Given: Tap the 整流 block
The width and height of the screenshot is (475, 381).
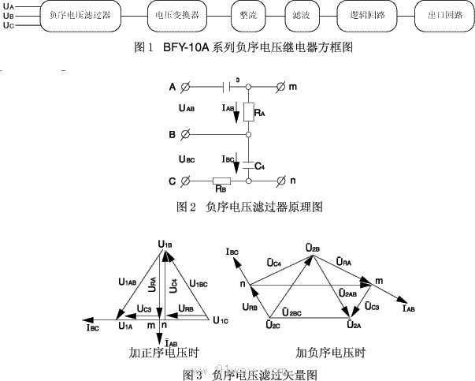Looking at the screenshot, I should pyautogui.click(x=250, y=16).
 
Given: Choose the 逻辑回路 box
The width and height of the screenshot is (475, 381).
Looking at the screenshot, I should pyautogui.click(x=364, y=16).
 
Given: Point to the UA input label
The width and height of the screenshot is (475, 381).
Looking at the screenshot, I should pyautogui.click(x=9, y=6).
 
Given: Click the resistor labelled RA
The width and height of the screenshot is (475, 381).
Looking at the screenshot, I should pyautogui.click(x=248, y=113).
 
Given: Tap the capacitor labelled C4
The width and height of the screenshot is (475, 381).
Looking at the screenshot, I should pyautogui.click(x=248, y=162).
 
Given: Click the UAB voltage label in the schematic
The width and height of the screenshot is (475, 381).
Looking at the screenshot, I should pyautogui.click(x=187, y=108).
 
